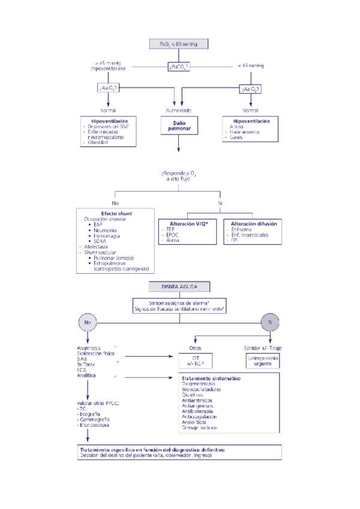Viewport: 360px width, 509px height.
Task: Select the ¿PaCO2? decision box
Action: point(179,67)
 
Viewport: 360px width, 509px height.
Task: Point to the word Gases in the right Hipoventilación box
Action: point(236,137)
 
